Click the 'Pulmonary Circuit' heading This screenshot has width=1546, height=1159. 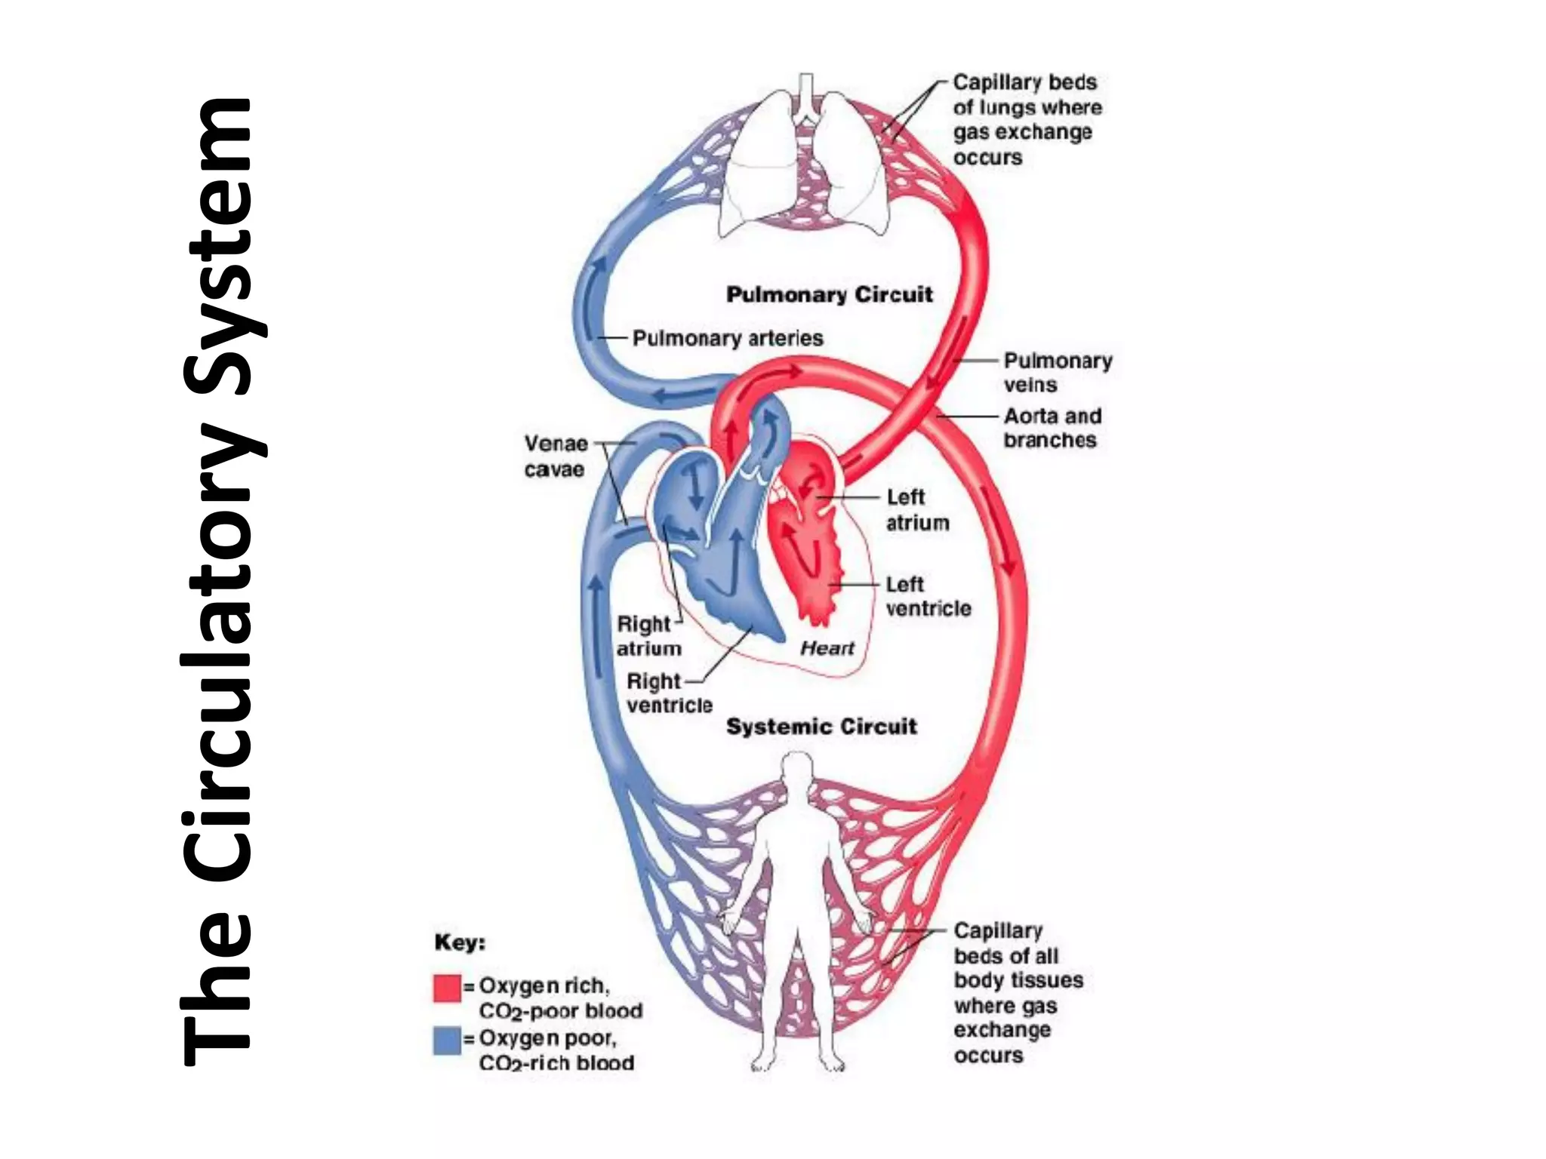point(829,294)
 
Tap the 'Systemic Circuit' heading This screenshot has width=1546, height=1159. point(821,727)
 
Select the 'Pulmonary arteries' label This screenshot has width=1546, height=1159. point(727,338)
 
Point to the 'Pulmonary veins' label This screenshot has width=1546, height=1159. point(1057,373)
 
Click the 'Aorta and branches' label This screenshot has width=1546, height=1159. point(1052,428)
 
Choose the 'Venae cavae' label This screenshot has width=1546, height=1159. point(556,457)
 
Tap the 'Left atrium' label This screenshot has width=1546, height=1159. point(916,510)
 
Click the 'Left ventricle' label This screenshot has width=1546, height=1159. point(928,597)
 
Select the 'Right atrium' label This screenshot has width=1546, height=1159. point(648,636)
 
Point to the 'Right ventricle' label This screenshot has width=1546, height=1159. point(668,693)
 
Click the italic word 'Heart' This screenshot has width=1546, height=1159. point(827,648)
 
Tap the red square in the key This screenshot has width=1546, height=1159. point(447,988)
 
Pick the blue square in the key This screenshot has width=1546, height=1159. point(447,1040)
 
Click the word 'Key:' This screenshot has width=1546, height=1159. point(459,942)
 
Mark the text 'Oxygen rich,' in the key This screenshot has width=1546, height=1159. point(544,986)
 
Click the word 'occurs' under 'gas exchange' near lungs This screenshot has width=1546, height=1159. point(987,158)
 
